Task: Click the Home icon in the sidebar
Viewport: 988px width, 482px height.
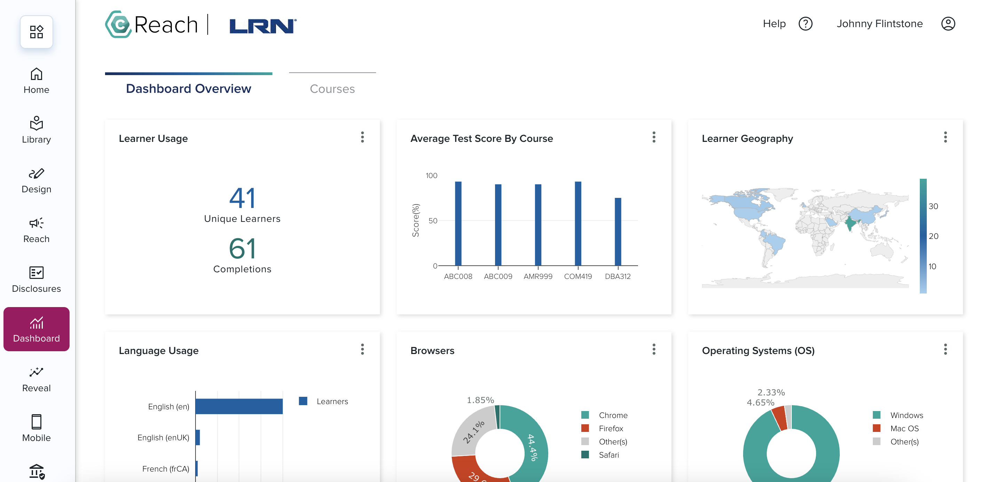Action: tap(37, 74)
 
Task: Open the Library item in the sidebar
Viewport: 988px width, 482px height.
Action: tap(37, 130)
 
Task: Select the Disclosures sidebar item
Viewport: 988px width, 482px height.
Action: tap(37, 280)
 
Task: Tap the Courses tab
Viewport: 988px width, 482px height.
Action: tap(332, 89)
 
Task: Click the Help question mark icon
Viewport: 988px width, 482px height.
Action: tap(805, 24)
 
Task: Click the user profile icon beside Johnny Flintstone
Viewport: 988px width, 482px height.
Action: tap(948, 24)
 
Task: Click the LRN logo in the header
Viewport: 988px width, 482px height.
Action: tap(263, 26)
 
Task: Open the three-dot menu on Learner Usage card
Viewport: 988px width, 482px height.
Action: tap(362, 137)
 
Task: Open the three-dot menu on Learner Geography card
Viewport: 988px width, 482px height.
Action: tap(945, 137)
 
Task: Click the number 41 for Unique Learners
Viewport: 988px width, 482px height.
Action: tap(242, 198)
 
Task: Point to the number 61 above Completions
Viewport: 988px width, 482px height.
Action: tap(242, 249)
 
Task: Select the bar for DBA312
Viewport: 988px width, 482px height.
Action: tap(617, 232)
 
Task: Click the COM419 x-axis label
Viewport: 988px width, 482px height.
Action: tap(577, 276)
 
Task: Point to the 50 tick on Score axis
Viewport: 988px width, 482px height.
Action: tap(433, 221)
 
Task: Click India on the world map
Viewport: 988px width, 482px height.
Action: tap(850, 223)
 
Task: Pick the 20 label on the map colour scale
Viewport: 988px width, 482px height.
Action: tap(933, 236)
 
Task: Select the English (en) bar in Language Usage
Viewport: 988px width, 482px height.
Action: tap(239, 407)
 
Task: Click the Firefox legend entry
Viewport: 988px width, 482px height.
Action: tap(611, 428)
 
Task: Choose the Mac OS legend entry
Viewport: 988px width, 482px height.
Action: tap(904, 428)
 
